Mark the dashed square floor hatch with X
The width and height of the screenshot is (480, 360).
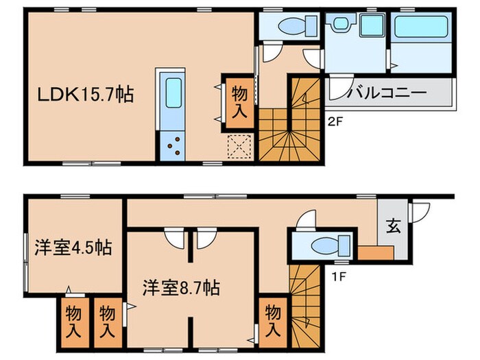point(241,146)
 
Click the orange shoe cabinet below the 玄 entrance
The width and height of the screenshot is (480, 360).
point(375,253)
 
